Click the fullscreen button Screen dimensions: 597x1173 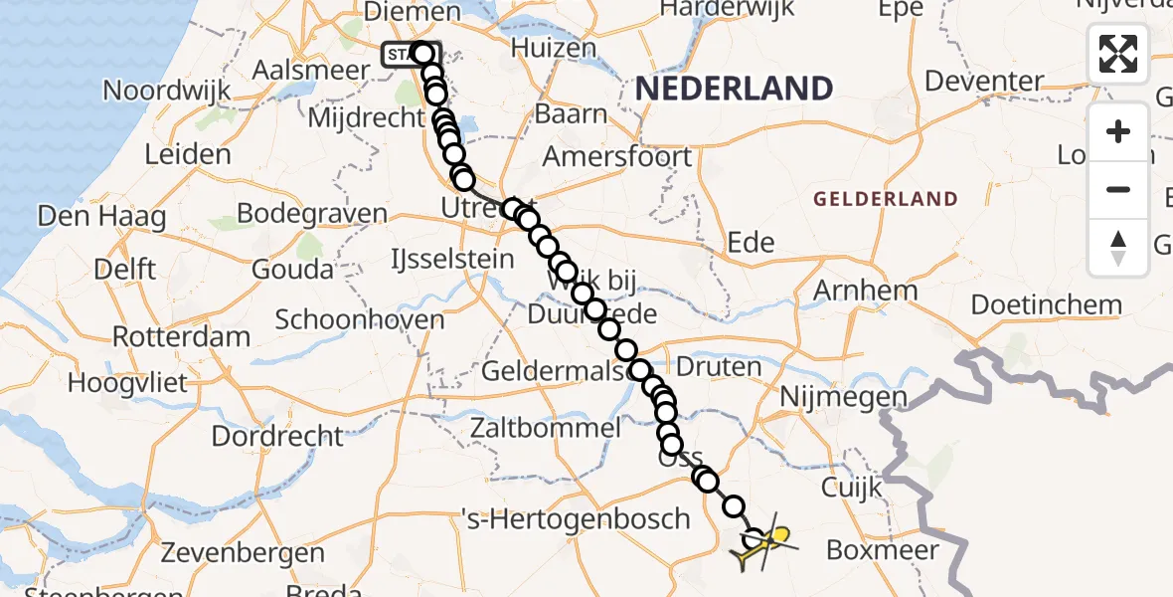(1118, 54)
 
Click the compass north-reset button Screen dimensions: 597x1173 (1118, 247)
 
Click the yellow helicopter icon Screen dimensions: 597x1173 (763, 544)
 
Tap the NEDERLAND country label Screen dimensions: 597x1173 (734, 89)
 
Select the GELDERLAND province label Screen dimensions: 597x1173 (886, 199)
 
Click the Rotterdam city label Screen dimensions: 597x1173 (181, 336)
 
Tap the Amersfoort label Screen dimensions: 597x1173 (617, 157)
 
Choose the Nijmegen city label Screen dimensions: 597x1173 (844, 398)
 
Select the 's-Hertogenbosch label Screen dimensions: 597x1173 (576, 518)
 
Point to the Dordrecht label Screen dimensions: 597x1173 (277, 436)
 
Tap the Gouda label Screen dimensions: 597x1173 (293, 269)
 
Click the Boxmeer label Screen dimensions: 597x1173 (883, 549)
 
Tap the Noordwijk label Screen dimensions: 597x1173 (167, 91)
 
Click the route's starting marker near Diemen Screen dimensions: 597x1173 (422, 54)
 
